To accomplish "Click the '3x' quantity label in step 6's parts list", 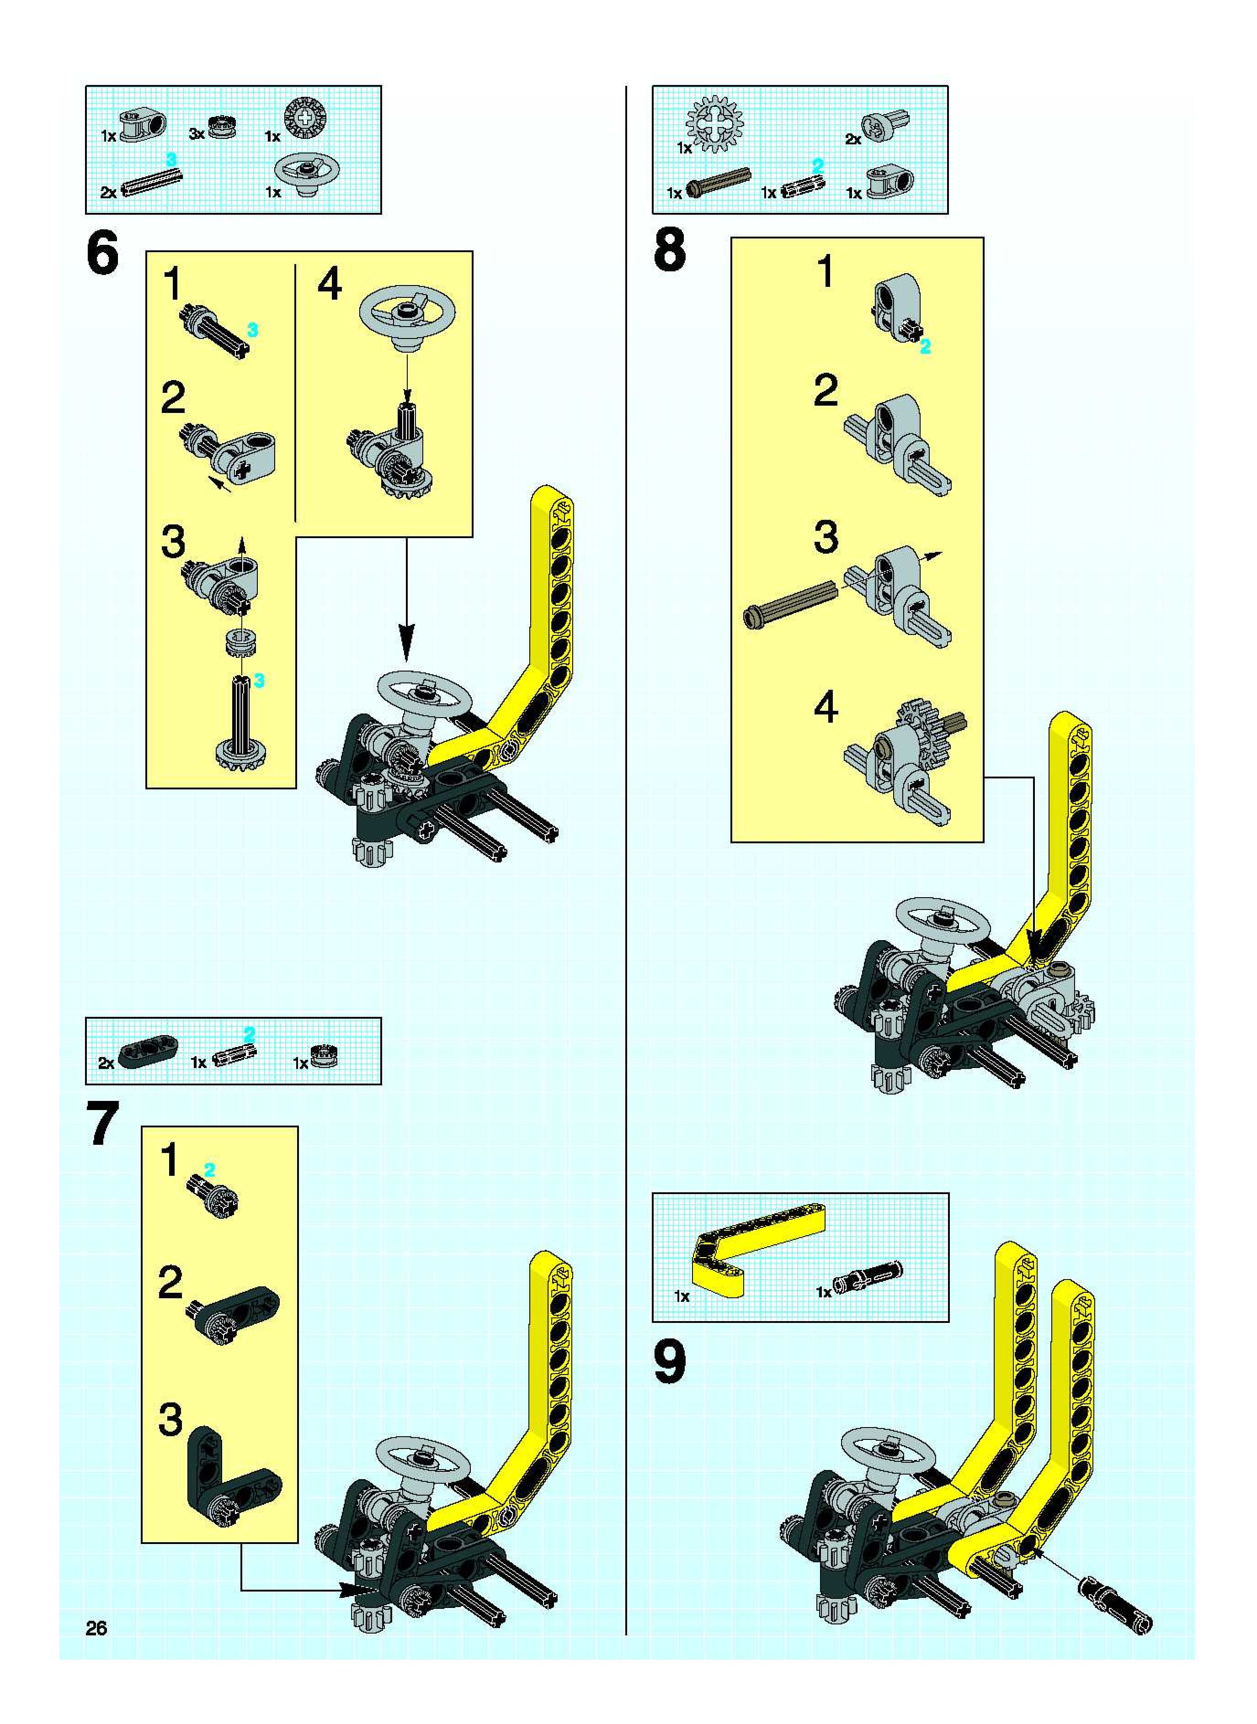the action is [196, 135].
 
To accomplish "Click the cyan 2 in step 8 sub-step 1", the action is [925, 348].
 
